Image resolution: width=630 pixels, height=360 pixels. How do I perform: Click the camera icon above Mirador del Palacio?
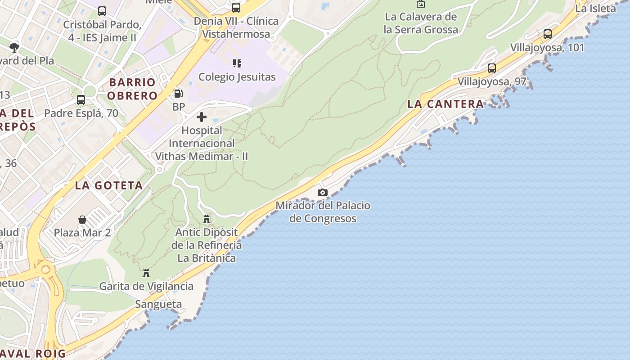(x=322, y=193)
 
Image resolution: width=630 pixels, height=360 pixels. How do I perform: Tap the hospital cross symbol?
(x=202, y=117)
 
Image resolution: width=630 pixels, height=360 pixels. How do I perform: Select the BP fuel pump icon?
(x=179, y=94)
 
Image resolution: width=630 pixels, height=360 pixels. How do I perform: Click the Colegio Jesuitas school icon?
(x=237, y=63)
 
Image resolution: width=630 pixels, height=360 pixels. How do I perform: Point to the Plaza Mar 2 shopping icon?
(x=82, y=220)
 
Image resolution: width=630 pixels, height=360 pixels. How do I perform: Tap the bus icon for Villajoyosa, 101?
(x=547, y=34)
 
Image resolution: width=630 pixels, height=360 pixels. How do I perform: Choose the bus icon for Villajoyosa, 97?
(x=492, y=68)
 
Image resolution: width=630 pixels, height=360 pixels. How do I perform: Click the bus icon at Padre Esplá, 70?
(x=81, y=100)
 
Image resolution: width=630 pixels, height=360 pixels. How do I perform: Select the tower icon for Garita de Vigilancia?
(x=146, y=273)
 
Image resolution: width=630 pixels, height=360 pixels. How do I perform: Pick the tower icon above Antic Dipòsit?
(x=207, y=219)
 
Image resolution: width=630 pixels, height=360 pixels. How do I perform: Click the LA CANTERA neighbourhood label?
(x=445, y=104)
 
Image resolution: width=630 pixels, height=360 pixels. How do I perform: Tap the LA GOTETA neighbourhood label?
(x=109, y=185)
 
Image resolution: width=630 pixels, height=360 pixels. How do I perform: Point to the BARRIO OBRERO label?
(x=132, y=89)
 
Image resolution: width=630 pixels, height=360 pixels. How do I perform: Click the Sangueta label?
(x=159, y=304)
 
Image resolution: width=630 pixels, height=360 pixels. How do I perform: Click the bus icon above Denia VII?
(x=236, y=8)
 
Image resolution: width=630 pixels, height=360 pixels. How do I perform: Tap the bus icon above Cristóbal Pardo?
(x=102, y=11)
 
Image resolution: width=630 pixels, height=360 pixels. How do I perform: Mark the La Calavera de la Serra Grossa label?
(x=421, y=23)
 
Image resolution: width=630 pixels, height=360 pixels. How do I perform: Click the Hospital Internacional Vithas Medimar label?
(x=202, y=144)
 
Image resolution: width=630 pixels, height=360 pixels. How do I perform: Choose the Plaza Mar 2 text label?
(x=82, y=233)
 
